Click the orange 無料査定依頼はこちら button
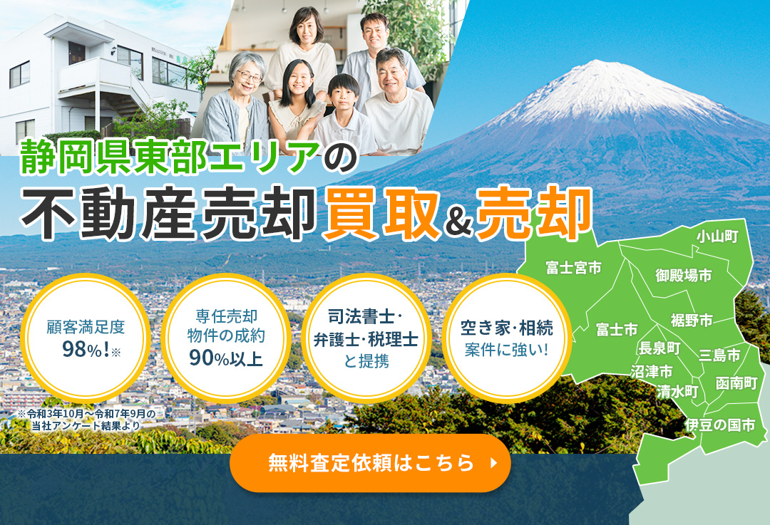pos(370,462)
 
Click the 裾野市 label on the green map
pos(692,321)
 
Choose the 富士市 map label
pos(617,330)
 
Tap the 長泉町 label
pos(659,348)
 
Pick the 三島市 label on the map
pos(719,355)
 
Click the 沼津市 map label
pos(652,372)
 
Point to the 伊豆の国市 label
pos(719,425)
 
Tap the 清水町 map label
pos(677,391)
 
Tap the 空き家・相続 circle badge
pos(506,338)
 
